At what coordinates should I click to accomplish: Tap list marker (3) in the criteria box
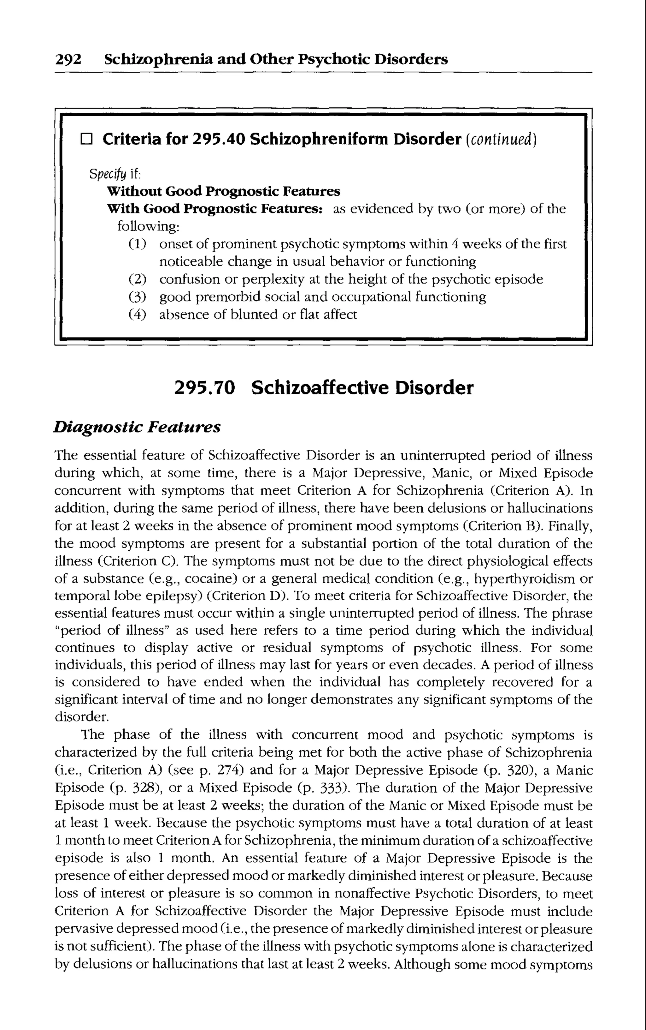(x=137, y=297)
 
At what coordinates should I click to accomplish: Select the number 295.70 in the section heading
(x=205, y=388)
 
